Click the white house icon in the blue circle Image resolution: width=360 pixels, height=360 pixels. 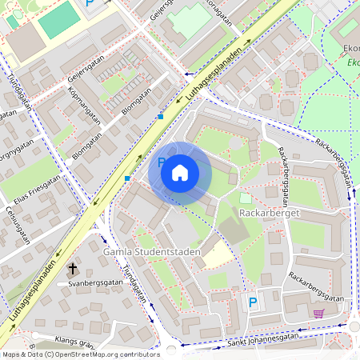tap(180, 172)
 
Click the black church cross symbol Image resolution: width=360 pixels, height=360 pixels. tap(73, 269)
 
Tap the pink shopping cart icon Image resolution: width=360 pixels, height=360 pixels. tap(319, 313)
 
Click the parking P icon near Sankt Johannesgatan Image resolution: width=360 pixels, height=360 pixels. tap(253, 302)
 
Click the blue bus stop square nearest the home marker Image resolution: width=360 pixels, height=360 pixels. tap(128, 178)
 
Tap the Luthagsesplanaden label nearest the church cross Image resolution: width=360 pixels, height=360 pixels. tap(36, 293)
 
